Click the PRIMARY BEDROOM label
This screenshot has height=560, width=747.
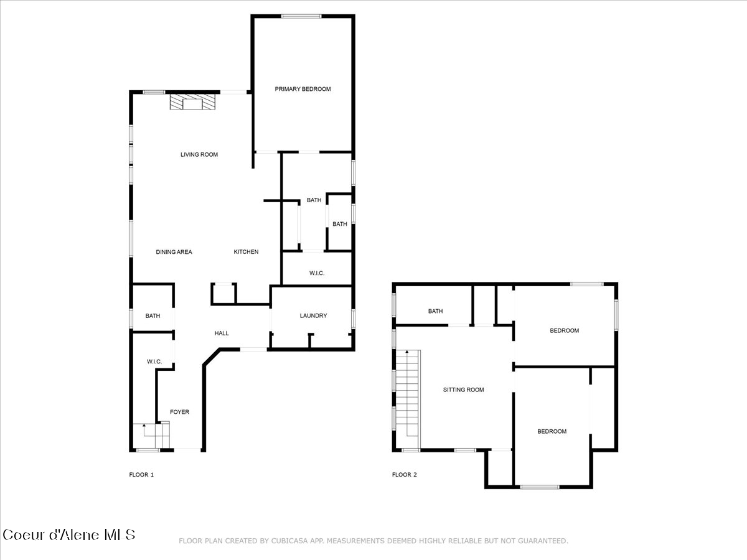303,89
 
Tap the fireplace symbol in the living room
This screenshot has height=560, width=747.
193,101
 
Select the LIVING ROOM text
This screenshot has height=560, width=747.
199,154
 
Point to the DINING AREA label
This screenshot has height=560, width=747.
174,252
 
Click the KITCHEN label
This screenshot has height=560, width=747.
246,252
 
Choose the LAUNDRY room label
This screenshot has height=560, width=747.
313,315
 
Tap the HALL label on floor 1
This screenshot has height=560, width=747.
222,333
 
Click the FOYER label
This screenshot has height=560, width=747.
180,412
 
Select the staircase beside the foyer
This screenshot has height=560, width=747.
151,435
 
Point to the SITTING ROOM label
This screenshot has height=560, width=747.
463,390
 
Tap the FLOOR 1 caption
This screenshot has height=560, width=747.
141,475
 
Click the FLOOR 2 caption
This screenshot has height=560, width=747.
404,475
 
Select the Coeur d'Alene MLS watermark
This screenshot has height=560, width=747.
68,534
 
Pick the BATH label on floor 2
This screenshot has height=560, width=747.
435,311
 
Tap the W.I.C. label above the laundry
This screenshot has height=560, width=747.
317,274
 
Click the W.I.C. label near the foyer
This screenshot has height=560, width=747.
154,362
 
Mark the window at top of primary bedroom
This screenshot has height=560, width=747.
301,16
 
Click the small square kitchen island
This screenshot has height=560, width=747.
223,293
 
